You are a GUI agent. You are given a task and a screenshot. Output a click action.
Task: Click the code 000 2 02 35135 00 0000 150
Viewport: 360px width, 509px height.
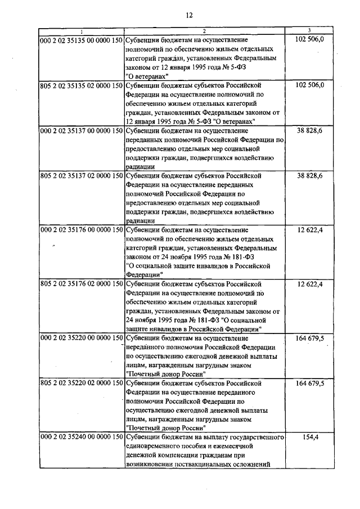tap(81, 40)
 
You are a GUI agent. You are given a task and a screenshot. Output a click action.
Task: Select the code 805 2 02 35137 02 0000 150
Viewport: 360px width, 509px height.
tap(81, 176)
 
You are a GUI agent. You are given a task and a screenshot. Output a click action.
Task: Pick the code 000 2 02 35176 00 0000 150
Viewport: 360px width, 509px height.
tap(81, 230)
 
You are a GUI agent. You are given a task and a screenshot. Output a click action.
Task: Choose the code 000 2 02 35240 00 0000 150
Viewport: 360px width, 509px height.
tap(81, 437)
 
